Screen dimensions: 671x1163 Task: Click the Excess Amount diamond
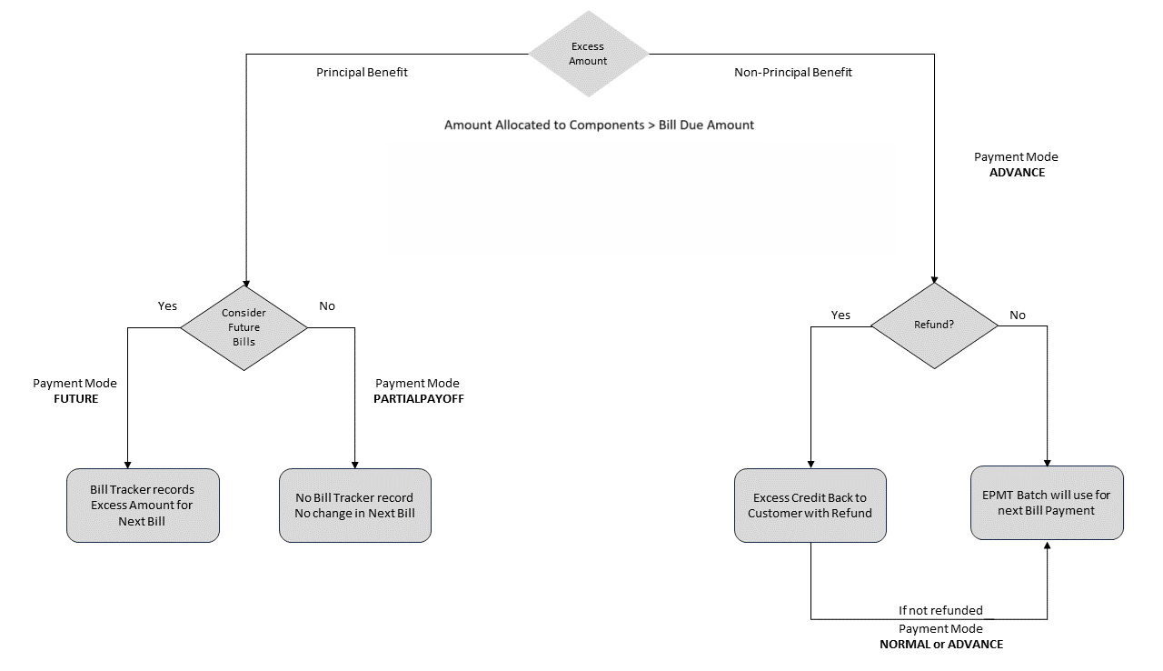coord(589,54)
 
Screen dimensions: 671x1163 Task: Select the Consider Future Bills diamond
coord(244,326)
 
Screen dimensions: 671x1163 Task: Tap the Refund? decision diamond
coord(934,325)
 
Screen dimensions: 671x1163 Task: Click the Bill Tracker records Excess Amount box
coord(142,506)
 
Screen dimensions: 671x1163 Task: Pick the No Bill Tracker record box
coord(354,506)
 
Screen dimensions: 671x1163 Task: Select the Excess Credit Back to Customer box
coord(810,506)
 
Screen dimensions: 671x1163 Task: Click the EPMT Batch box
coord(1047,503)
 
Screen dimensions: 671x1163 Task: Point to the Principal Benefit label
coord(362,72)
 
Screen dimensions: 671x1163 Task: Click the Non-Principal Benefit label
coord(792,72)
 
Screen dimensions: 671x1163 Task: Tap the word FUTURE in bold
coord(75,398)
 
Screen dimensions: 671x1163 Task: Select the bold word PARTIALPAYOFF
coord(419,398)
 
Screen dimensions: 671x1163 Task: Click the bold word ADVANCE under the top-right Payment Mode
coord(1017,172)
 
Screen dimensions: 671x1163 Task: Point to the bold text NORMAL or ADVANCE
coord(940,644)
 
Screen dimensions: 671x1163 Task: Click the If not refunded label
coord(940,611)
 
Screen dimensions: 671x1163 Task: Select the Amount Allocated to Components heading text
coord(599,125)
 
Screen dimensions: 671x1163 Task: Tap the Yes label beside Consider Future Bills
coord(167,305)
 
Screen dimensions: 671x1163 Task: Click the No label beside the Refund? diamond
coord(1018,315)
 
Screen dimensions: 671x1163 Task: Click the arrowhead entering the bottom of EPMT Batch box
coord(1047,546)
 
